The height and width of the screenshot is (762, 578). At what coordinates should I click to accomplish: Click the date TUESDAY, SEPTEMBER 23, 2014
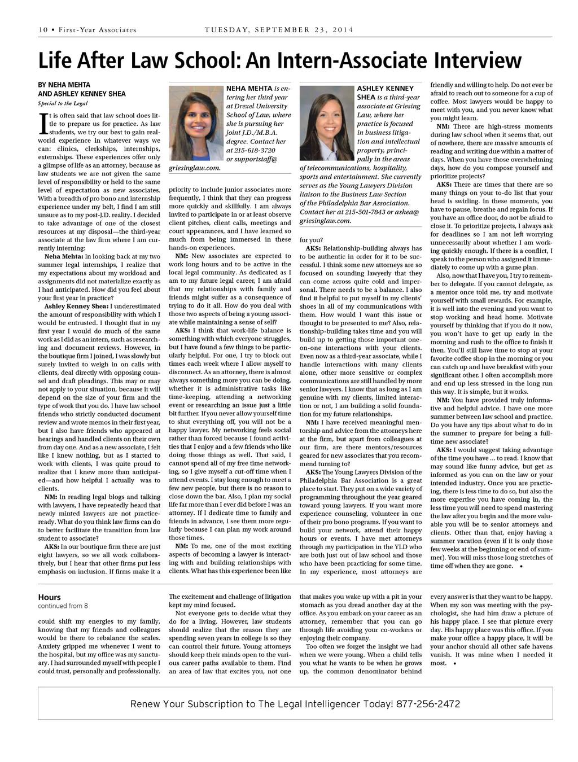coord(279,30)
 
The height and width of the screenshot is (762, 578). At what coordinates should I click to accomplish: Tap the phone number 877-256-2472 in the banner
coord(428,704)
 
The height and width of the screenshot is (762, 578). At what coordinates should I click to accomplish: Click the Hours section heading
coord(49,597)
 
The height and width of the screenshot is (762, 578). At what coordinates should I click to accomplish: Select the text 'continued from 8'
coord(63,606)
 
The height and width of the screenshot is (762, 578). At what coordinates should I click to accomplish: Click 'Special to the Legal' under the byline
coord(63,103)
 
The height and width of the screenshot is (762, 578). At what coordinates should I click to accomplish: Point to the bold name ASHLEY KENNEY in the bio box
coord(385,89)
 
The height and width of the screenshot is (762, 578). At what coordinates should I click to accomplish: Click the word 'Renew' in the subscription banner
coord(146,704)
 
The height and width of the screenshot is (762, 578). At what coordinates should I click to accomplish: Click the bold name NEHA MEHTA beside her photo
coord(249,89)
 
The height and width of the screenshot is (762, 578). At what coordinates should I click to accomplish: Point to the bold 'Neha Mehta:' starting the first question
coord(63,256)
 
